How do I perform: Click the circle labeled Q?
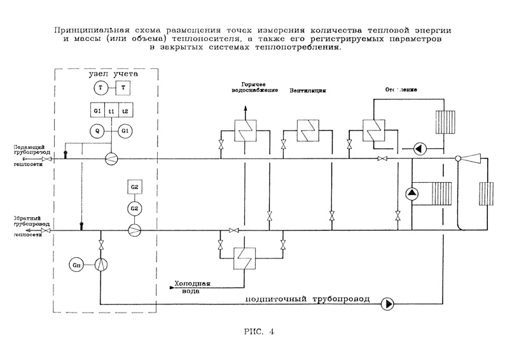(98, 131)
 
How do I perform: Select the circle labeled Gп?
(77, 264)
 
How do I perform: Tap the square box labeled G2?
(134, 187)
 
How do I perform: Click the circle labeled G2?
(134, 208)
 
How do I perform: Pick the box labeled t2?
(125, 111)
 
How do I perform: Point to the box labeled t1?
(112, 111)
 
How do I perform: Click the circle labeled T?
(100, 87)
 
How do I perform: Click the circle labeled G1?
(125, 131)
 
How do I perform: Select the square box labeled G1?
(98, 111)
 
